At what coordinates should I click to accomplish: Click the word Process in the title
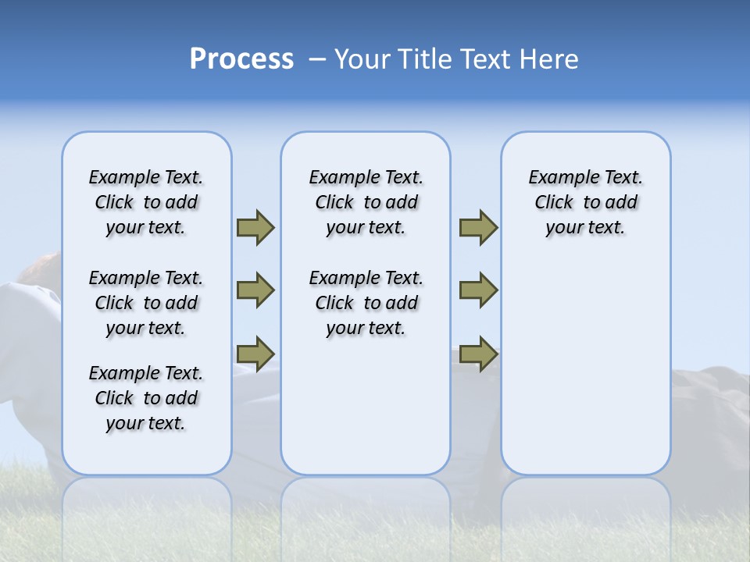[x=241, y=59]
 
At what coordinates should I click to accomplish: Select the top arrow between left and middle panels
[x=255, y=228]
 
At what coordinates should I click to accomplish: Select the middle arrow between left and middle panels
[x=255, y=290]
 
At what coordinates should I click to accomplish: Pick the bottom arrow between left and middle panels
[x=255, y=354]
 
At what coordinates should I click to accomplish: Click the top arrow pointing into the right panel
[x=478, y=228]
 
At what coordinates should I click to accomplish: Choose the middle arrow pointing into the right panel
[x=478, y=290]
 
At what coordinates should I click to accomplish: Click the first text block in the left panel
[x=146, y=202]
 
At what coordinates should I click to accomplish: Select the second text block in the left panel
[x=146, y=303]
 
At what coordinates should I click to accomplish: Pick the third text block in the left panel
[x=146, y=398]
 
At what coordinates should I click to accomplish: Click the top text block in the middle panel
[x=366, y=202]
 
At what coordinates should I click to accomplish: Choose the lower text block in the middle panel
[x=366, y=303]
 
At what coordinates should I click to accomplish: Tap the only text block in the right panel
[x=585, y=202]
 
